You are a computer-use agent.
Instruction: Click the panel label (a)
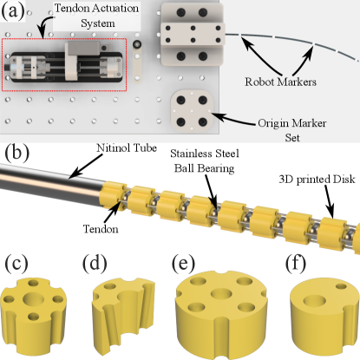[x=13, y=11]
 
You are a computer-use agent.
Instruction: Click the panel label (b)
[x=16, y=152]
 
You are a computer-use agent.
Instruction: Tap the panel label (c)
[x=16, y=263]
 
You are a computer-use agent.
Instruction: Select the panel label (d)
[x=95, y=263]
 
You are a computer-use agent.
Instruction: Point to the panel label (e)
[x=183, y=263]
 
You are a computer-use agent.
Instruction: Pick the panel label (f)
[x=296, y=263]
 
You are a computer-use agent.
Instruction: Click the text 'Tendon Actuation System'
[x=97, y=16]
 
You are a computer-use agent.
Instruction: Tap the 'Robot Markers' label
[x=280, y=82]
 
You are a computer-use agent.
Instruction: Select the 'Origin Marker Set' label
[x=292, y=130]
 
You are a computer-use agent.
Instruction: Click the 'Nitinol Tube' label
[x=127, y=148]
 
